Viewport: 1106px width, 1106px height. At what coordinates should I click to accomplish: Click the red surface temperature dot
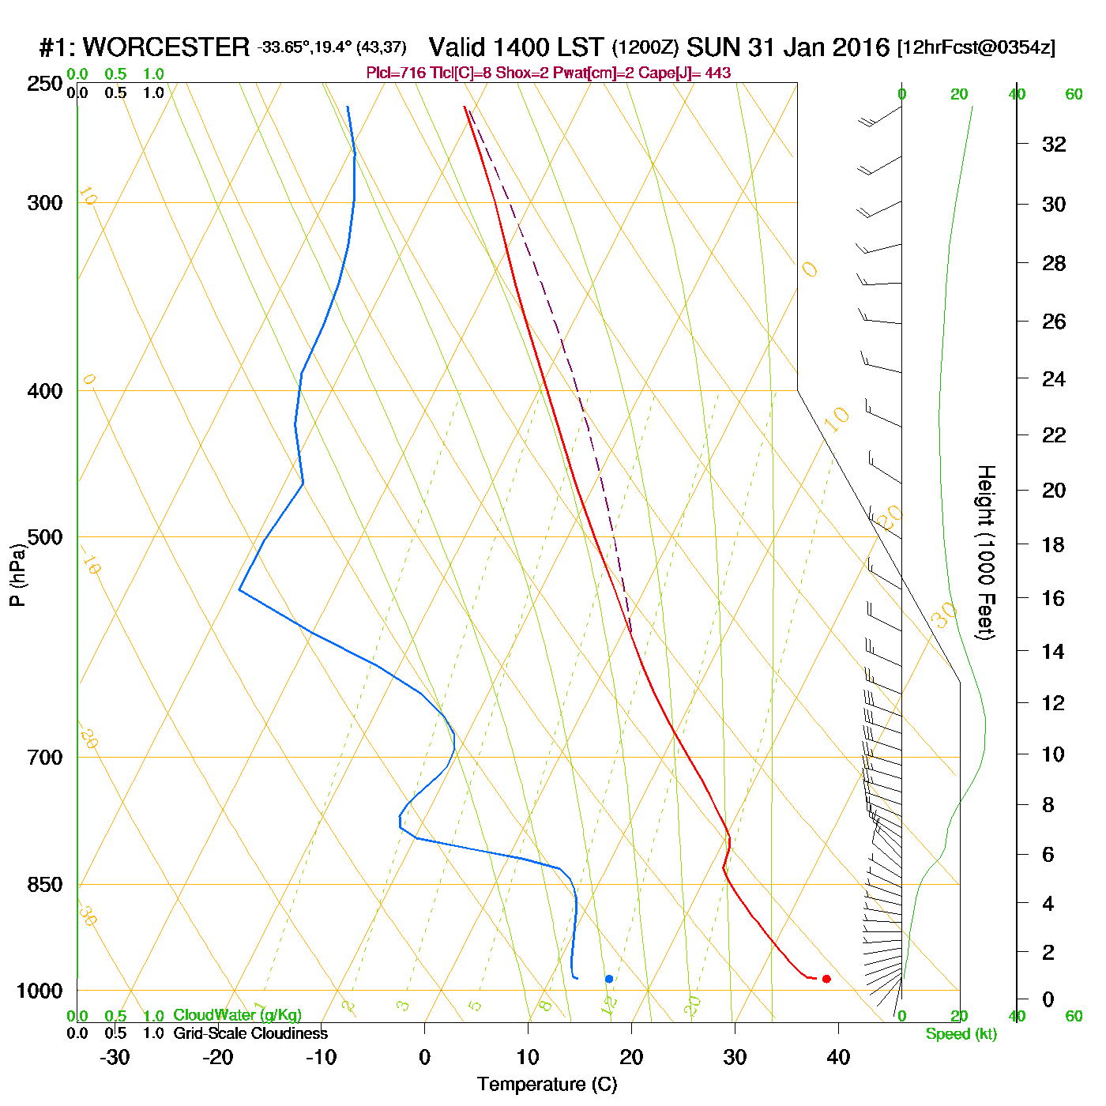(826, 979)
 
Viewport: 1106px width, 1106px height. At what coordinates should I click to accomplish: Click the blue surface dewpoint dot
(609, 979)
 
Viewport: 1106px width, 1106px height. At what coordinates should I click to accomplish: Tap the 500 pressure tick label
(45, 537)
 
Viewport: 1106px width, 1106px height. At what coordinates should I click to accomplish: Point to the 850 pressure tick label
(45, 885)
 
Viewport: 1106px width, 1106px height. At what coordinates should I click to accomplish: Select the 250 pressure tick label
(45, 84)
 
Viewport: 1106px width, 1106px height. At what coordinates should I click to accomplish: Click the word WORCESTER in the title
(166, 47)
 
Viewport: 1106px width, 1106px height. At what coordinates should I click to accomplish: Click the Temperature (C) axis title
(547, 1084)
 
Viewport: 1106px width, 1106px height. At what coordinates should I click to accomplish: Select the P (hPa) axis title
(17, 574)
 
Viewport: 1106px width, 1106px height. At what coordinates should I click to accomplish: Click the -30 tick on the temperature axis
(115, 1057)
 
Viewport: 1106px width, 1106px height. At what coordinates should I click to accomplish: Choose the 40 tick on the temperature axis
(838, 1057)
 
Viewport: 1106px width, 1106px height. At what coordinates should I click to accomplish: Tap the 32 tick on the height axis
(1054, 145)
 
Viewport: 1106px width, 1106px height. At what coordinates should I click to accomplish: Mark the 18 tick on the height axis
(1053, 544)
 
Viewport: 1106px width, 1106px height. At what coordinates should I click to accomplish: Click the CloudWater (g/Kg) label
(237, 1015)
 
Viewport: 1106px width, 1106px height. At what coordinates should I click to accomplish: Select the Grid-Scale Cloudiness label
(250, 1033)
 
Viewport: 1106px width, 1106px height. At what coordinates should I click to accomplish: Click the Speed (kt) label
(961, 1034)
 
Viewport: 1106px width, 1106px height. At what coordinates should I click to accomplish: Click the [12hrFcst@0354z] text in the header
(976, 47)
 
